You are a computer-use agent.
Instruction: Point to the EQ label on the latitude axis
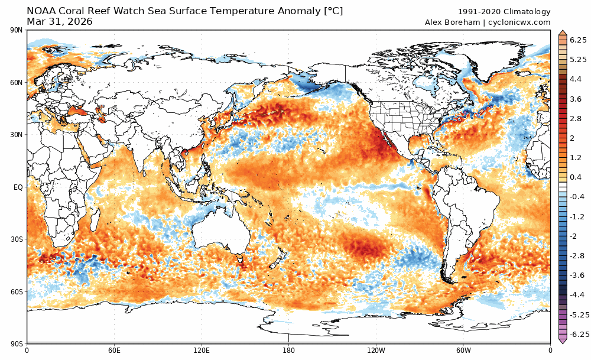pyautogui.click(x=18, y=187)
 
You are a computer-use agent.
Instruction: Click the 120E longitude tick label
pyautogui.click(x=202, y=349)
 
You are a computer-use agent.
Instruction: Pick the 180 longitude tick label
pyautogui.click(x=288, y=349)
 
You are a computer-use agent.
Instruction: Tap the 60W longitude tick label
pyautogui.click(x=463, y=349)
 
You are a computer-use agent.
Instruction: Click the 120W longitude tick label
pyautogui.click(x=376, y=349)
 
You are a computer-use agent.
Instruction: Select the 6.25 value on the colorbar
pyautogui.click(x=577, y=40)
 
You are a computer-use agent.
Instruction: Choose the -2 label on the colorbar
pyautogui.click(x=574, y=236)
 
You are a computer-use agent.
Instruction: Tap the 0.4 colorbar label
pyautogui.click(x=574, y=177)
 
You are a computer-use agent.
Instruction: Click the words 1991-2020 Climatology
pyautogui.click(x=504, y=12)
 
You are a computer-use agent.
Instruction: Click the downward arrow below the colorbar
pyautogui.click(x=563, y=341)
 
